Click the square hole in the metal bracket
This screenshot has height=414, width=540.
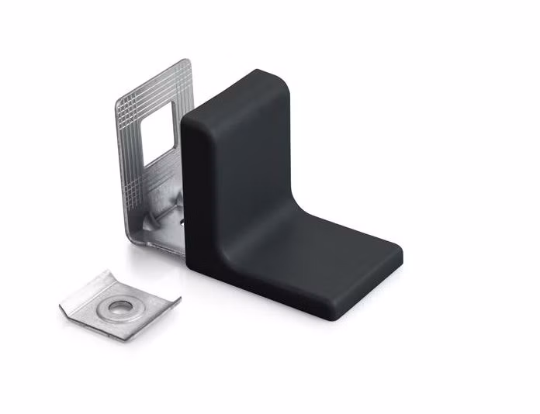[x=159, y=131]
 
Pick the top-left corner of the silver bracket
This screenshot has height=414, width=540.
[x=119, y=101]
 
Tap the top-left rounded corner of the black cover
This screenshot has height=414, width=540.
[x=190, y=124]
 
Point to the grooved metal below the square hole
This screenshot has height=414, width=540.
[x=151, y=182]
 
